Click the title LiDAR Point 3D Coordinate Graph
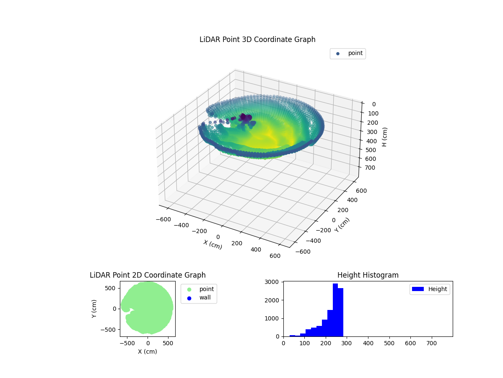click(x=257, y=39)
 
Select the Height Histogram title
click(x=368, y=275)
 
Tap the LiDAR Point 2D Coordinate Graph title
click(x=148, y=275)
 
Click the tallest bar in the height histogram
click(x=335, y=310)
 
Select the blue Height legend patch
click(x=418, y=289)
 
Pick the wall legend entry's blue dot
click(x=189, y=298)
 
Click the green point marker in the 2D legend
click(x=189, y=289)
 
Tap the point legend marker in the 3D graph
click(x=338, y=53)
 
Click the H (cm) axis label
click(x=384, y=137)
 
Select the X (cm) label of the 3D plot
click(x=213, y=244)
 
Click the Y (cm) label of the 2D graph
click(x=94, y=309)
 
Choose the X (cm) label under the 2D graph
click(x=148, y=352)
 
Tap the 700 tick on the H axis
click(x=371, y=168)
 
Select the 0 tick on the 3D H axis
click(x=373, y=104)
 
